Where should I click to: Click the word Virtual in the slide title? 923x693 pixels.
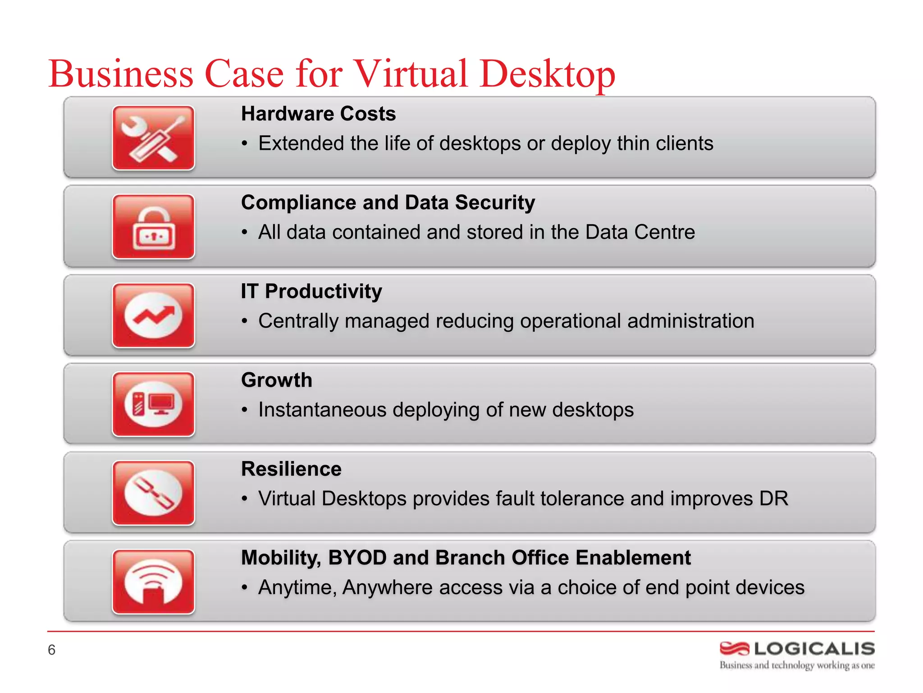coord(410,74)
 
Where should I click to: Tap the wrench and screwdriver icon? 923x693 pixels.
coord(153,138)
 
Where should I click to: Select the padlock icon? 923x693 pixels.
coord(153,227)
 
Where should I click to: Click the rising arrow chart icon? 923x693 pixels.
coord(153,315)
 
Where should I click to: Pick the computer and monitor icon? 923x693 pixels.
coord(153,404)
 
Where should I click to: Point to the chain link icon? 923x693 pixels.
coord(153,493)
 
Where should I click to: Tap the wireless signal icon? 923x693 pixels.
coord(153,582)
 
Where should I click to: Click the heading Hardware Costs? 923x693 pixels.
coord(318,114)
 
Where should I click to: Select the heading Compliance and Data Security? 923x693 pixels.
coord(388,203)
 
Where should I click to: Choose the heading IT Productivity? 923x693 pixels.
coord(311,291)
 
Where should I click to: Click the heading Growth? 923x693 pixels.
coord(276,380)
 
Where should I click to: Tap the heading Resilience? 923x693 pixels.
coord(291,469)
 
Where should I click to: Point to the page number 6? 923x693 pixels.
coord(51,650)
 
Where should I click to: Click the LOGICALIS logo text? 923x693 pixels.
coord(814,649)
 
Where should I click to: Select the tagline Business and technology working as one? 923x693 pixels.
coord(797,665)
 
